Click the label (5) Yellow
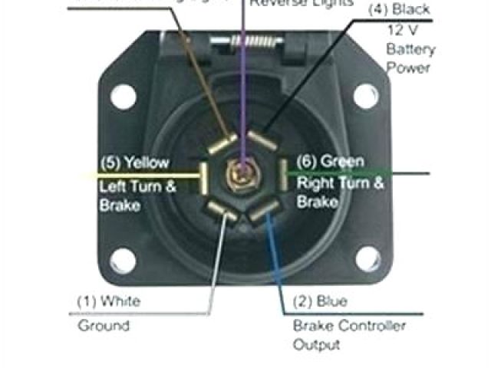[133, 163]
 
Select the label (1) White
[108, 301]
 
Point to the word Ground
[104, 325]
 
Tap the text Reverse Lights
[302, 3]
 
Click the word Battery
[410, 50]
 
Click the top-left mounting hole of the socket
[123, 97]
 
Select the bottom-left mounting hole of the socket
[123, 261]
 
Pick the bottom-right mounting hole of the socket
[367, 260]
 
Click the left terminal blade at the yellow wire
[205, 176]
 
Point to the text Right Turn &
[341, 183]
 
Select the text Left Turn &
[137, 186]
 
